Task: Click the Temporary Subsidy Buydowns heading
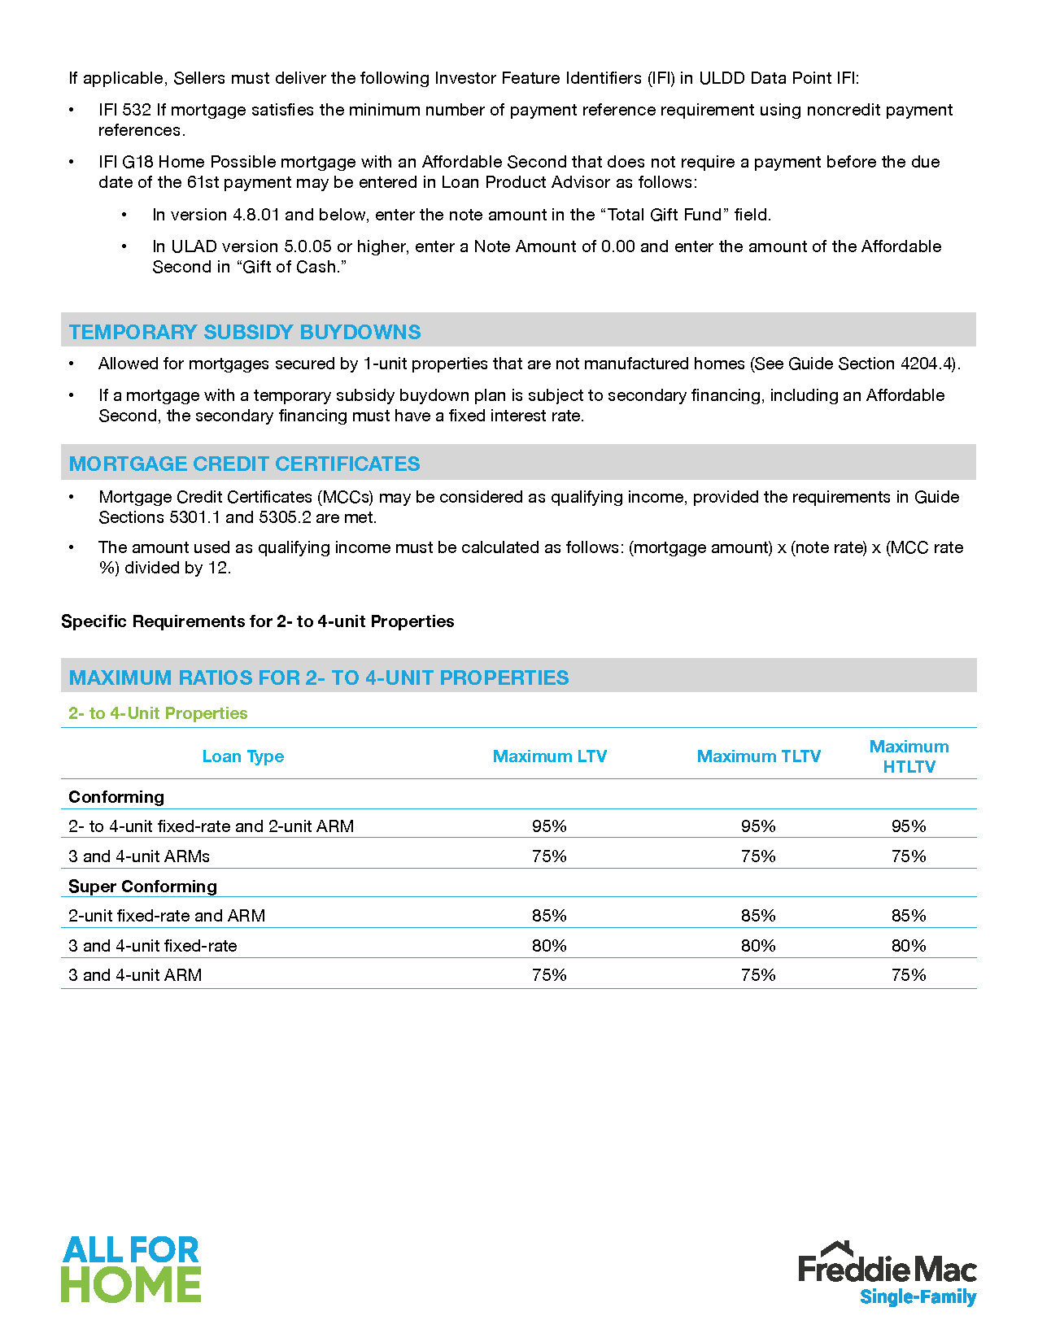click(x=245, y=332)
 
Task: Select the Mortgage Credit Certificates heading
click(x=244, y=464)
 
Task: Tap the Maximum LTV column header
click(x=550, y=756)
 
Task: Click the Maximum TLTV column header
click(x=758, y=756)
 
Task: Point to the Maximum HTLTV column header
click(x=909, y=756)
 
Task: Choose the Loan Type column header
click(x=242, y=756)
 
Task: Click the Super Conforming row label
click(x=142, y=887)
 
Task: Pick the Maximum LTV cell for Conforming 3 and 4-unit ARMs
click(x=549, y=856)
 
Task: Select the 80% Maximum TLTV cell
click(x=758, y=946)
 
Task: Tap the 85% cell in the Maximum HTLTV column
click(x=909, y=916)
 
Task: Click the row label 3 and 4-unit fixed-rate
click(x=153, y=946)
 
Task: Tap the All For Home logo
click(x=131, y=1269)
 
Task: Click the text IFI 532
click(x=124, y=110)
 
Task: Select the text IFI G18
click(x=125, y=162)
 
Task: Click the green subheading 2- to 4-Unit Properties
click(x=158, y=713)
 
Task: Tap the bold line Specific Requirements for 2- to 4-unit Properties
click(x=257, y=621)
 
